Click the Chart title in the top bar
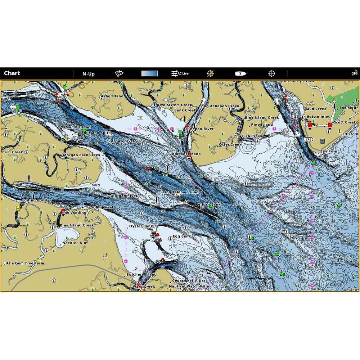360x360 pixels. tap(12, 73)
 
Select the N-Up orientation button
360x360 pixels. tap(88, 74)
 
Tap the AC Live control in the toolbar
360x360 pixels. tap(180, 73)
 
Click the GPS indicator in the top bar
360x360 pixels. tap(355, 74)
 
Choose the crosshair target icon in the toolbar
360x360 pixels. tap(272, 73)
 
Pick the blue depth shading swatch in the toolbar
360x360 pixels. tap(149, 73)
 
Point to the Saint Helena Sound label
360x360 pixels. tap(180, 192)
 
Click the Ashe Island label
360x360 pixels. tap(112, 96)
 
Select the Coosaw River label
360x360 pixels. tap(121, 141)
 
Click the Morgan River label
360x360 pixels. tap(124, 196)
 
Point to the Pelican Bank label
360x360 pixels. tap(208, 204)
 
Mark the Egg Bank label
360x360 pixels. tap(182, 236)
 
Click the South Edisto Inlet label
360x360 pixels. tap(312, 117)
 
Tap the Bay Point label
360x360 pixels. tap(329, 152)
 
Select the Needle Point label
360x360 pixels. tap(75, 243)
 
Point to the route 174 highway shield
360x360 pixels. tap(308, 139)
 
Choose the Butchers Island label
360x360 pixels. tap(141, 275)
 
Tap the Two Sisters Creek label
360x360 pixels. tap(172, 105)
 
